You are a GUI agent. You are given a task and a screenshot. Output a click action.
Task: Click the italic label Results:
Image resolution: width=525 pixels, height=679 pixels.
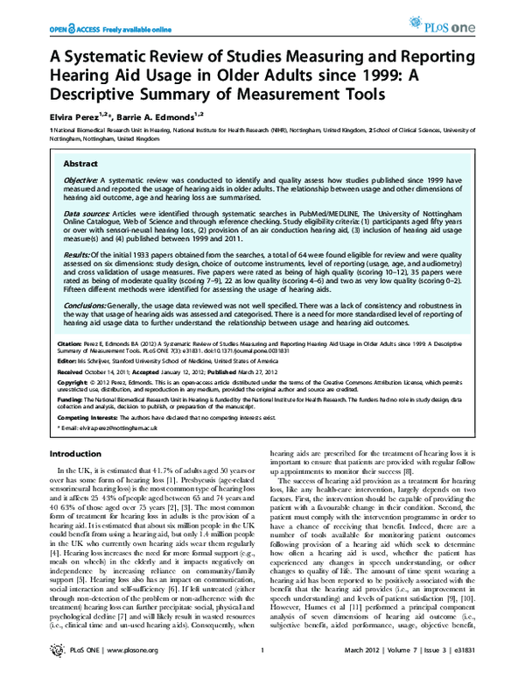tap(78, 252)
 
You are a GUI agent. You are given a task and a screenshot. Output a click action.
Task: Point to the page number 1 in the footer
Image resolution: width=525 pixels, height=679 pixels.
tap(262, 661)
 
